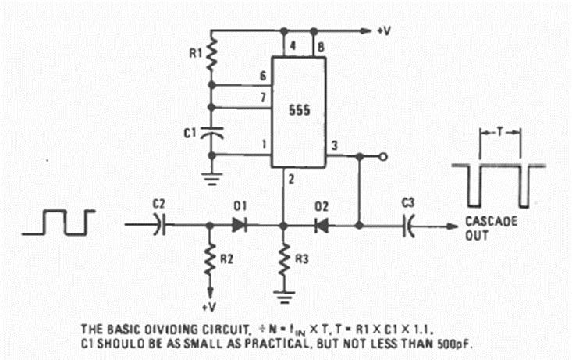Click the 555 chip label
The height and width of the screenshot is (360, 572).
coord(299,111)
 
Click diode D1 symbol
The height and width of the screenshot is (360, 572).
coord(240,225)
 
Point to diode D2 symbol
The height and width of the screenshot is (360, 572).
coord(322,225)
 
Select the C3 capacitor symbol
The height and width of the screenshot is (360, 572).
coord(408,225)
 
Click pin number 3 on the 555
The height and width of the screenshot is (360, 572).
coord(335,145)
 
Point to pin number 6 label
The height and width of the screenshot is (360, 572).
coord(263,75)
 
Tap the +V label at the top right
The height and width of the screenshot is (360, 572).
coord(385,31)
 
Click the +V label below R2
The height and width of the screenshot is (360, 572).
coord(210,307)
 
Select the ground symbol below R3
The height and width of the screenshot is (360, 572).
coord(284,296)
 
